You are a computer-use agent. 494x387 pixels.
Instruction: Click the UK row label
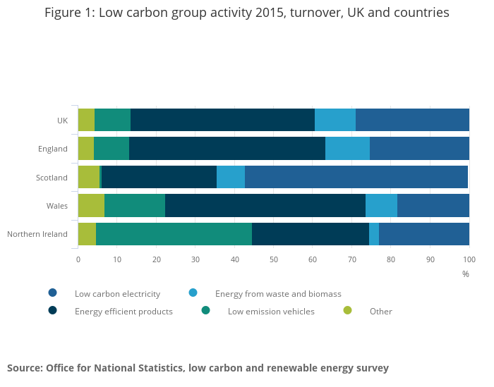click(62, 121)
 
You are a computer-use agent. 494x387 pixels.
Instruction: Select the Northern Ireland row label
click(37, 234)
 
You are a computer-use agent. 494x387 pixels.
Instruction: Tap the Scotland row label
click(52, 178)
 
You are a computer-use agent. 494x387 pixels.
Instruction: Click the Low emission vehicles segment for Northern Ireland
click(174, 233)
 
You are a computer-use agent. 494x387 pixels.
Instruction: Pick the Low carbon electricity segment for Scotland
click(356, 177)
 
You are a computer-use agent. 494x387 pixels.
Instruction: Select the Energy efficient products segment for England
click(227, 148)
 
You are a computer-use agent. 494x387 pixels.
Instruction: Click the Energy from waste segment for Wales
click(381, 205)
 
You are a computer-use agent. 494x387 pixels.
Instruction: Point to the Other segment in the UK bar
click(86, 120)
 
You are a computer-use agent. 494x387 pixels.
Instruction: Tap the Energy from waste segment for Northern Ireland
click(374, 233)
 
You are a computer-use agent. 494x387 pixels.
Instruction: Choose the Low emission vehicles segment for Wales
click(135, 205)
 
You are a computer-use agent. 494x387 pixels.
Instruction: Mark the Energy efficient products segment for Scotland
click(159, 177)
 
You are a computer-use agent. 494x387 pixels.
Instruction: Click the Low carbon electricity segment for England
click(419, 148)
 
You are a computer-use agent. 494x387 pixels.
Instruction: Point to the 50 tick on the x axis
click(274, 259)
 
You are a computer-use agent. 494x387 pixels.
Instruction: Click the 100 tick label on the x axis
click(469, 259)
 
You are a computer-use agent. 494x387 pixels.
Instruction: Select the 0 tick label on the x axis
click(78, 259)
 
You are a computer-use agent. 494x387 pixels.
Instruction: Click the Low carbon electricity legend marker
click(52, 293)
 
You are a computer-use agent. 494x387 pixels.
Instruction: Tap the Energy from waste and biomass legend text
click(278, 294)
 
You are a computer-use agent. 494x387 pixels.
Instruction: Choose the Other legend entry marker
click(347, 310)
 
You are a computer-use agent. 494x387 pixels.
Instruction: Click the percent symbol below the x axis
click(466, 274)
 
